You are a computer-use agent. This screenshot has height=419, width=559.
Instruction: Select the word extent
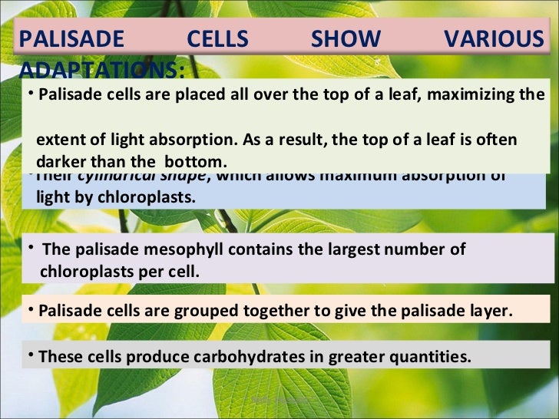(x=62, y=141)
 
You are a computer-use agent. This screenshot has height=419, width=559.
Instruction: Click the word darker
(x=61, y=162)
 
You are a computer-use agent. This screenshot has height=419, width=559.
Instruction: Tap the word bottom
(x=198, y=162)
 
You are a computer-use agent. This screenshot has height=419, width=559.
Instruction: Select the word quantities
(x=435, y=357)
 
